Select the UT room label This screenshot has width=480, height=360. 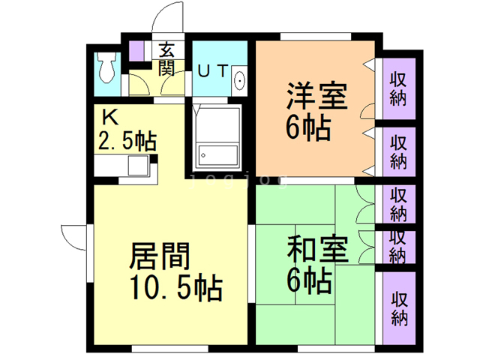point(212,71)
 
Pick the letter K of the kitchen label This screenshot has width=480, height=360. point(110,118)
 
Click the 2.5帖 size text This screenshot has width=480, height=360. point(127,139)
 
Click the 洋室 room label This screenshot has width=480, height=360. point(315,99)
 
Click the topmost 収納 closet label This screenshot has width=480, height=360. point(398,87)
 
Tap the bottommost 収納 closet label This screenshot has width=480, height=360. point(398,307)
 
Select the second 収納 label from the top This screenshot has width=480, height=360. point(398,151)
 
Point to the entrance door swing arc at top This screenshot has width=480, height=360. point(169,20)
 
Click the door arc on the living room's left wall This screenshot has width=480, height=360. point(73,238)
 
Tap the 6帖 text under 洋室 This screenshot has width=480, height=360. point(308,128)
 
